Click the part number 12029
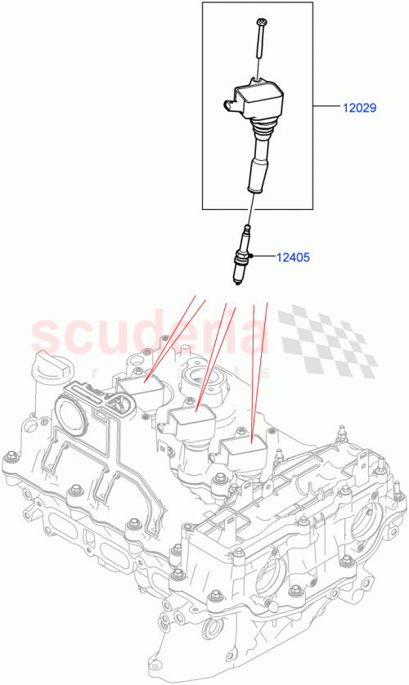click(359, 107)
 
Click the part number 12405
click(292, 257)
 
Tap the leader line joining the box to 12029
click(326, 107)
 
